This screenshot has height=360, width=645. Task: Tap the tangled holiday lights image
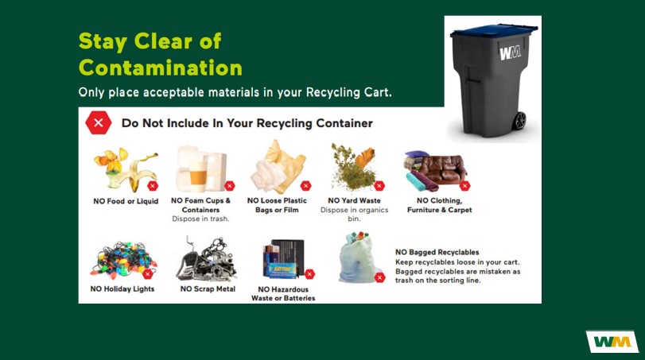click(122, 257)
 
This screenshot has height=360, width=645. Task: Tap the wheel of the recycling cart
click(519, 121)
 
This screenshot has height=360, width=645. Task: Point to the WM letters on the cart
click(510, 54)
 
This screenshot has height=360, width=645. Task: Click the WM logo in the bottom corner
click(612, 342)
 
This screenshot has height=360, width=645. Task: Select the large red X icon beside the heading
click(98, 123)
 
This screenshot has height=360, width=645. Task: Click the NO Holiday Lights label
click(122, 289)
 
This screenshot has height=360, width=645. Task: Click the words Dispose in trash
click(200, 219)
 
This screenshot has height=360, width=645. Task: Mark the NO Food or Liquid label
click(122, 201)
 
